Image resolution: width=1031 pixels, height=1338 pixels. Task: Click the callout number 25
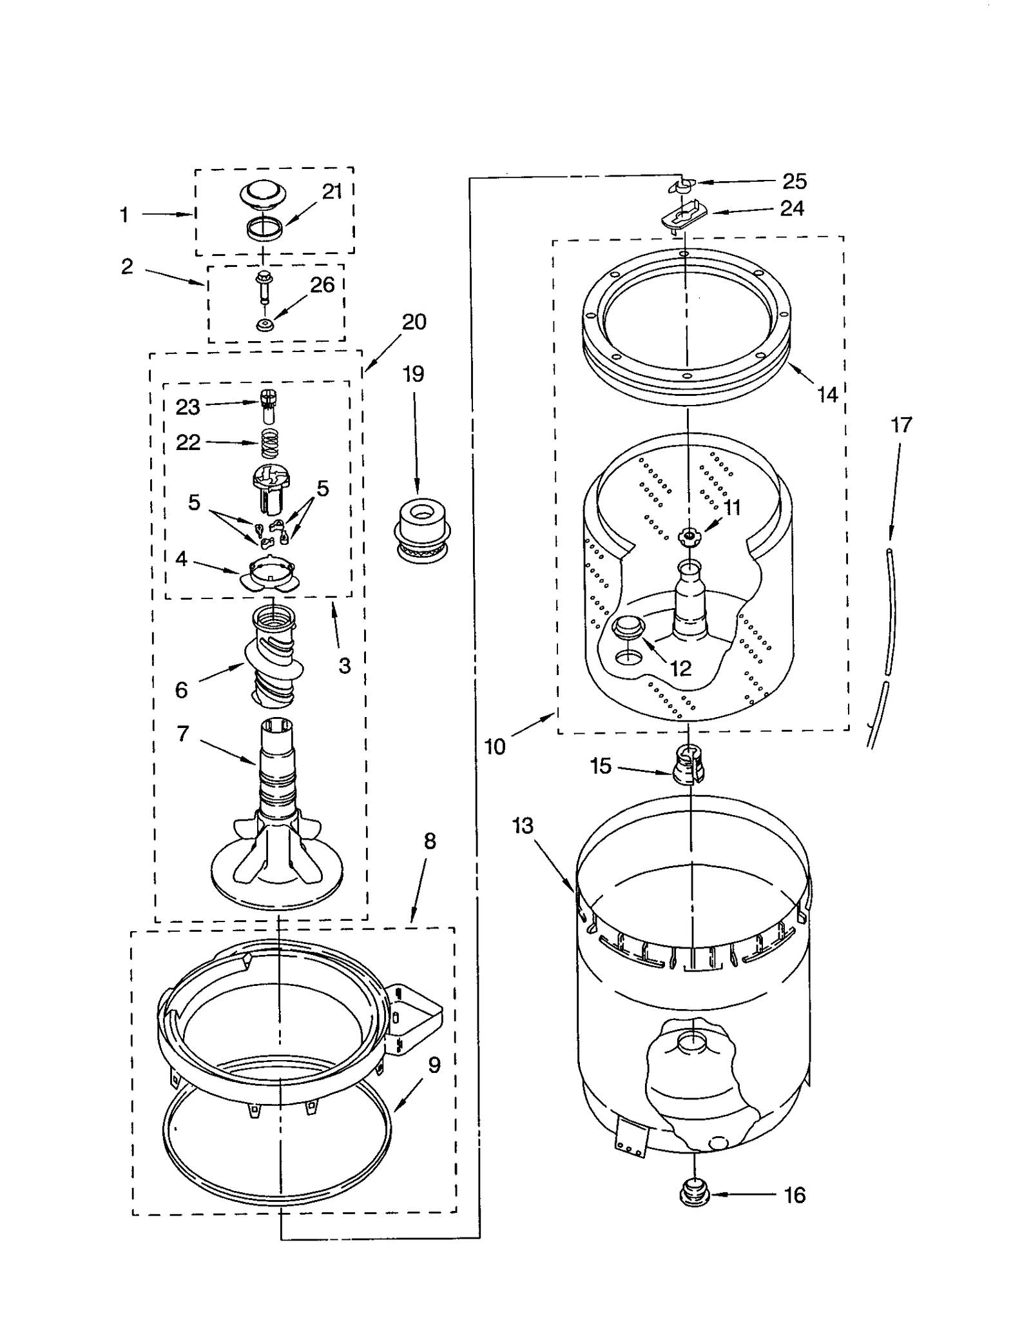tap(794, 182)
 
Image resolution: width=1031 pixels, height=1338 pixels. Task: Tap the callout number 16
tap(794, 1195)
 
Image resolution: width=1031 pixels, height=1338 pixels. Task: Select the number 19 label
tap(413, 374)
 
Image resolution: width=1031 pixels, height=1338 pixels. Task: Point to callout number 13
tap(523, 825)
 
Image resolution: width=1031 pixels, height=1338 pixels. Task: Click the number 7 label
tap(183, 734)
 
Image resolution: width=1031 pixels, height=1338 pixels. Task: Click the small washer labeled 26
tap(264, 324)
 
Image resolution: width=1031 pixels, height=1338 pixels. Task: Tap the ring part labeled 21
tap(264, 228)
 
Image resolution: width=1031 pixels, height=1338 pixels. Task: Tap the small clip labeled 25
tap(682, 186)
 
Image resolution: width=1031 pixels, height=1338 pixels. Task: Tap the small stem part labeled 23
tap(269, 406)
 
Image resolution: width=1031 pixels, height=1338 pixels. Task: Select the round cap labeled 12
tap(628, 625)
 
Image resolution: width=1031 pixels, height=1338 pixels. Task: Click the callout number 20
tap(414, 322)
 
